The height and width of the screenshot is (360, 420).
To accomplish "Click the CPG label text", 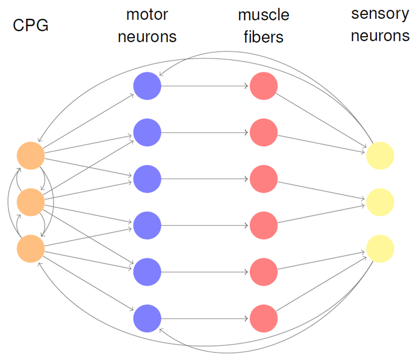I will pos(30,25).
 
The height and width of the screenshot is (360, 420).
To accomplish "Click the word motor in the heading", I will pos(147,14).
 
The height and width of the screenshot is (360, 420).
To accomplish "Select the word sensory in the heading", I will pos(380,13).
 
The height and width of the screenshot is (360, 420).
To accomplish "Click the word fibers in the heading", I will pos(263,37).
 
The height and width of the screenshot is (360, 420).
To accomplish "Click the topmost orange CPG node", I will pos(31,155).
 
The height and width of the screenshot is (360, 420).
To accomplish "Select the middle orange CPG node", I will pos(31,202).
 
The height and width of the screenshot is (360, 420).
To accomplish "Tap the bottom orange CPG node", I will pos(31,248).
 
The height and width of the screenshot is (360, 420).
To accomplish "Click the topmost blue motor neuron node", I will pos(147,86).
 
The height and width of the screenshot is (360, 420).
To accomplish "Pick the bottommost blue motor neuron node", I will pos(147,318).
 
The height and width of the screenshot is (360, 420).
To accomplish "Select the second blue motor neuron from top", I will pos(147,133).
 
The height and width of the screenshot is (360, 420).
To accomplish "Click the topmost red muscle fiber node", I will pos(263,86).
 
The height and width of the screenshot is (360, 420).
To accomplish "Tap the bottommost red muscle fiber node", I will pos(263,318).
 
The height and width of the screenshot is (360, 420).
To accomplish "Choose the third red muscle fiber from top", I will pos(263,179).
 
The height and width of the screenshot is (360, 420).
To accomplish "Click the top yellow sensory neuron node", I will pos(380,155).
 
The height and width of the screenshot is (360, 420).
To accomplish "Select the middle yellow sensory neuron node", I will pos(380,202).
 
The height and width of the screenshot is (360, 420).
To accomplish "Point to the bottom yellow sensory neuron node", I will pos(380,248).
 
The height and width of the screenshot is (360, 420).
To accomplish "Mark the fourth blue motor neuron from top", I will pos(147,225).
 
